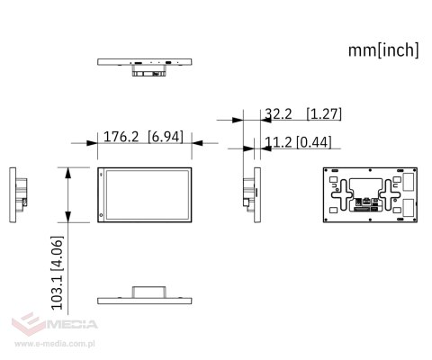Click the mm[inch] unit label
(383, 50)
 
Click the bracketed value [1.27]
(323, 114)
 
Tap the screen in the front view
(146, 194)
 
